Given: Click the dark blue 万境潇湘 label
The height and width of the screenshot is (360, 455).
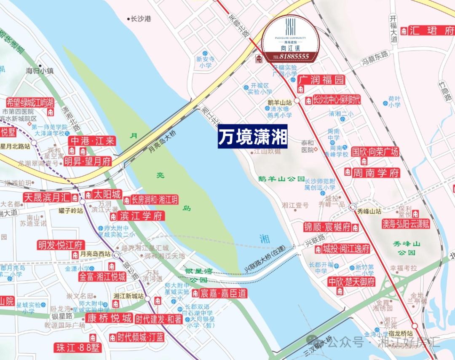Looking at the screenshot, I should pos(252,137).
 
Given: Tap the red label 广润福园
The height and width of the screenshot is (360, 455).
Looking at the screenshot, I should pos(321,80).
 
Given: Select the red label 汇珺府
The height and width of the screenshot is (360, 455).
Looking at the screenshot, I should pos(432,31).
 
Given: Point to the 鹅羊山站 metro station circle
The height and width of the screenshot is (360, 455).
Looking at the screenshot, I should pos(297,101).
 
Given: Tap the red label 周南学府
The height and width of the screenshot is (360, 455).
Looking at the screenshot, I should pos(376,172).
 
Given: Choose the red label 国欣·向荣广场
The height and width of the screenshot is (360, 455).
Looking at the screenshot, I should pos(375,152).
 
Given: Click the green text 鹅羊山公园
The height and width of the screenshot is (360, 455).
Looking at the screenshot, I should pos(281,179).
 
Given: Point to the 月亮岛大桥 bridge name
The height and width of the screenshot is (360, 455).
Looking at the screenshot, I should pos(162,143).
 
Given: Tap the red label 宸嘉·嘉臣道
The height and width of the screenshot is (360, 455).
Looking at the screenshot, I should pos(224,293).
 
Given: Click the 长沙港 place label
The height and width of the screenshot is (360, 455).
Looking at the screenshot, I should pos(141,19).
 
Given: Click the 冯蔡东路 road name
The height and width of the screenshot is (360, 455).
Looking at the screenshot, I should pos(375,58).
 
